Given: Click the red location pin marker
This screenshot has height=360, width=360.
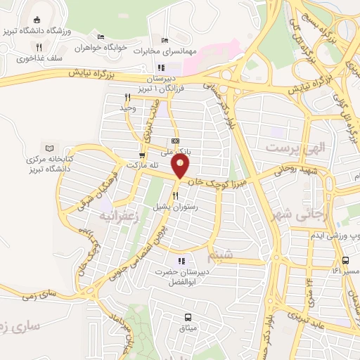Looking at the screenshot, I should [181, 166].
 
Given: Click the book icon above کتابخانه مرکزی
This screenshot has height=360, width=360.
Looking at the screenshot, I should [49, 148].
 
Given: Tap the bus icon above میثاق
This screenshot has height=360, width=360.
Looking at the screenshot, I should [188, 317].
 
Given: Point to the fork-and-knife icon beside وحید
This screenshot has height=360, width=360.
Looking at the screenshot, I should [127, 97].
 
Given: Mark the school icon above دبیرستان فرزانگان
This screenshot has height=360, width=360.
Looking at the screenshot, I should [161, 68].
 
